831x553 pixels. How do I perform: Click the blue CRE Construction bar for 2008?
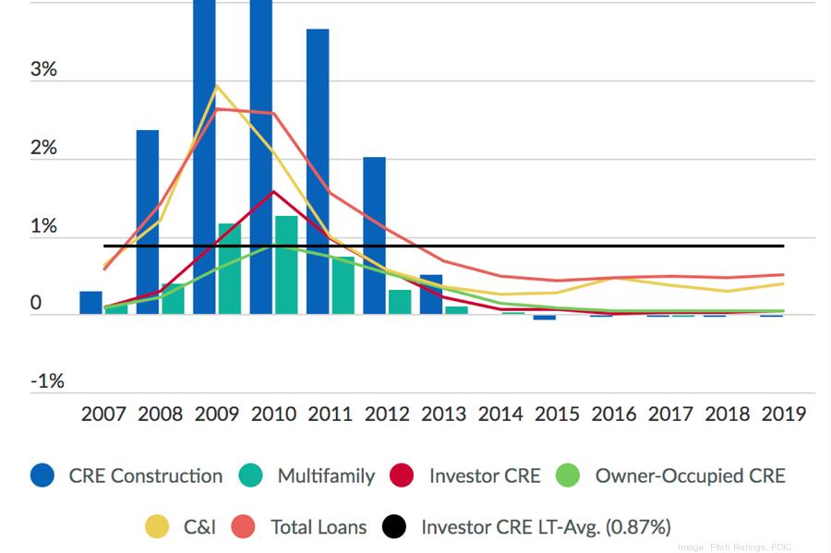pos(148,222)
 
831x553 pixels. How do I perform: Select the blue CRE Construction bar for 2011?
pos(318,171)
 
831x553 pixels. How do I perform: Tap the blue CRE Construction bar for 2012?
pos(374,235)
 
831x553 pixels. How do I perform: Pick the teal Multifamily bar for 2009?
pos(230,269)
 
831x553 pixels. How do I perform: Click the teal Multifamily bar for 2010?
pos(286,265)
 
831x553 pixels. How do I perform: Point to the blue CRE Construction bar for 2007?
pos(90,303)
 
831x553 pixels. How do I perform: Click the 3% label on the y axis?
pos(43,70)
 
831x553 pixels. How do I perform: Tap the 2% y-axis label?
pos(43,148)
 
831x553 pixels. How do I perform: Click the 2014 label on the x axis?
pos(500,413)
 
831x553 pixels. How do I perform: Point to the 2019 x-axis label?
pos(784,413)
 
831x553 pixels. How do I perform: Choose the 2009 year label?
pos(217,413)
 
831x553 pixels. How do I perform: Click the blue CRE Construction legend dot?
pos(42,475)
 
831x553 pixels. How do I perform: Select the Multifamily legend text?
pos(326,476)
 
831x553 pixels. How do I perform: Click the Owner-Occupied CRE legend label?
pos(690,476)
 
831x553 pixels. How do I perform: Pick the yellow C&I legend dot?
pos(158,526)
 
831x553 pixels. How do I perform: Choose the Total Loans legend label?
pos(319,527)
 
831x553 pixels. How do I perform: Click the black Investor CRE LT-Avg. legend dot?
pos(394,526)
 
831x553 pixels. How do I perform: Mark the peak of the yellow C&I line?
pos(216,86)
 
